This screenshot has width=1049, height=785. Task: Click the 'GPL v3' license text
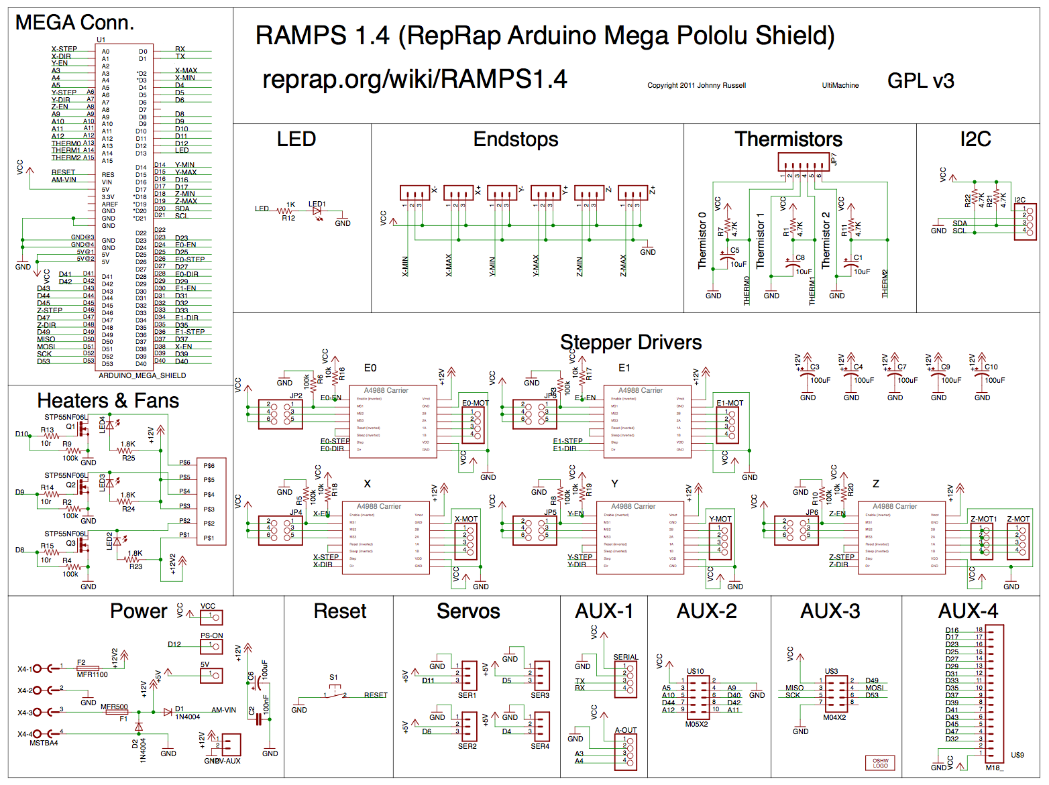920,81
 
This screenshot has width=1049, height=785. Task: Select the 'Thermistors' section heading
788,139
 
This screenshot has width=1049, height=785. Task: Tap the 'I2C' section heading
975,139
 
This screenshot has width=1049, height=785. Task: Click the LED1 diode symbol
317,211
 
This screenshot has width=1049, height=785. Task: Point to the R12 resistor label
288,218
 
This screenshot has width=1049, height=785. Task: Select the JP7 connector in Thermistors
804,162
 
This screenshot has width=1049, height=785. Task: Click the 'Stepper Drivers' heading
630,343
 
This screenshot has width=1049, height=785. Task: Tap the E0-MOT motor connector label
475,403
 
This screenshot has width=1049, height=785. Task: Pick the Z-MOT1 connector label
983,519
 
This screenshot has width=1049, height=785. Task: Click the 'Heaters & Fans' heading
108,401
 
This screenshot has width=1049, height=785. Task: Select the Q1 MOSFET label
70,426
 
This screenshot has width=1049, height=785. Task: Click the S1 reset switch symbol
335,692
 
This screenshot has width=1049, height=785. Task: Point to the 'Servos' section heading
468,611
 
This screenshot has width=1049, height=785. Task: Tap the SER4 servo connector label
540,746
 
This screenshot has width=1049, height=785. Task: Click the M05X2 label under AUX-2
696,724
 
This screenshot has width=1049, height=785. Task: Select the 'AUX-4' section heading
967,611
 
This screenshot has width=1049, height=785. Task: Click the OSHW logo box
880,763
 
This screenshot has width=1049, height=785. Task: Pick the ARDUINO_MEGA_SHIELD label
142,375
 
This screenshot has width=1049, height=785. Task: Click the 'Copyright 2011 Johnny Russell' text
696,86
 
